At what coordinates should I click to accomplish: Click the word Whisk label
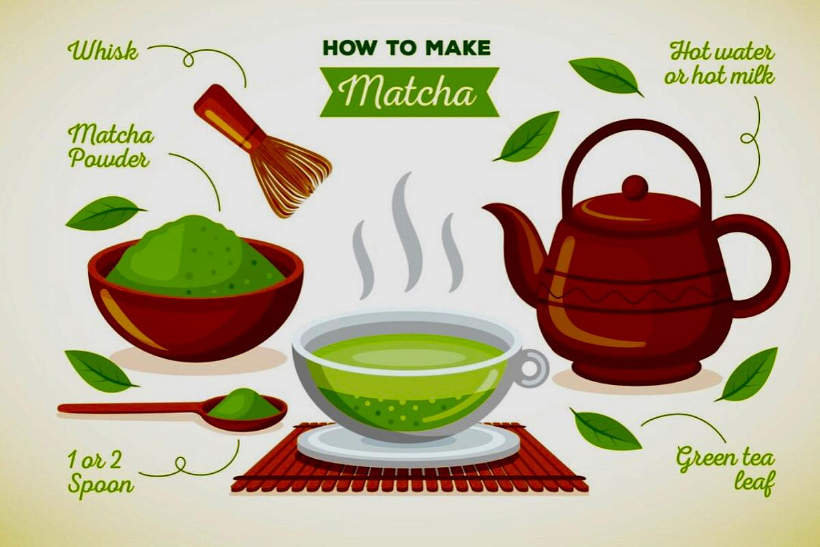pyautogui.click(x=103, y=52)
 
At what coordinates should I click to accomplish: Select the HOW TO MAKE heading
pyautogui.click(x=407, y=48)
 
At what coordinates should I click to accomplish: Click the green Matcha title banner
pyautogui.click(x=409, y=92)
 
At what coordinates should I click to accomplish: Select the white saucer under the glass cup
pyautogui.click(x=408, y=444)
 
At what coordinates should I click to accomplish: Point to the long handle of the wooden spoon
pyautogui.click(x=133, y=408)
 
